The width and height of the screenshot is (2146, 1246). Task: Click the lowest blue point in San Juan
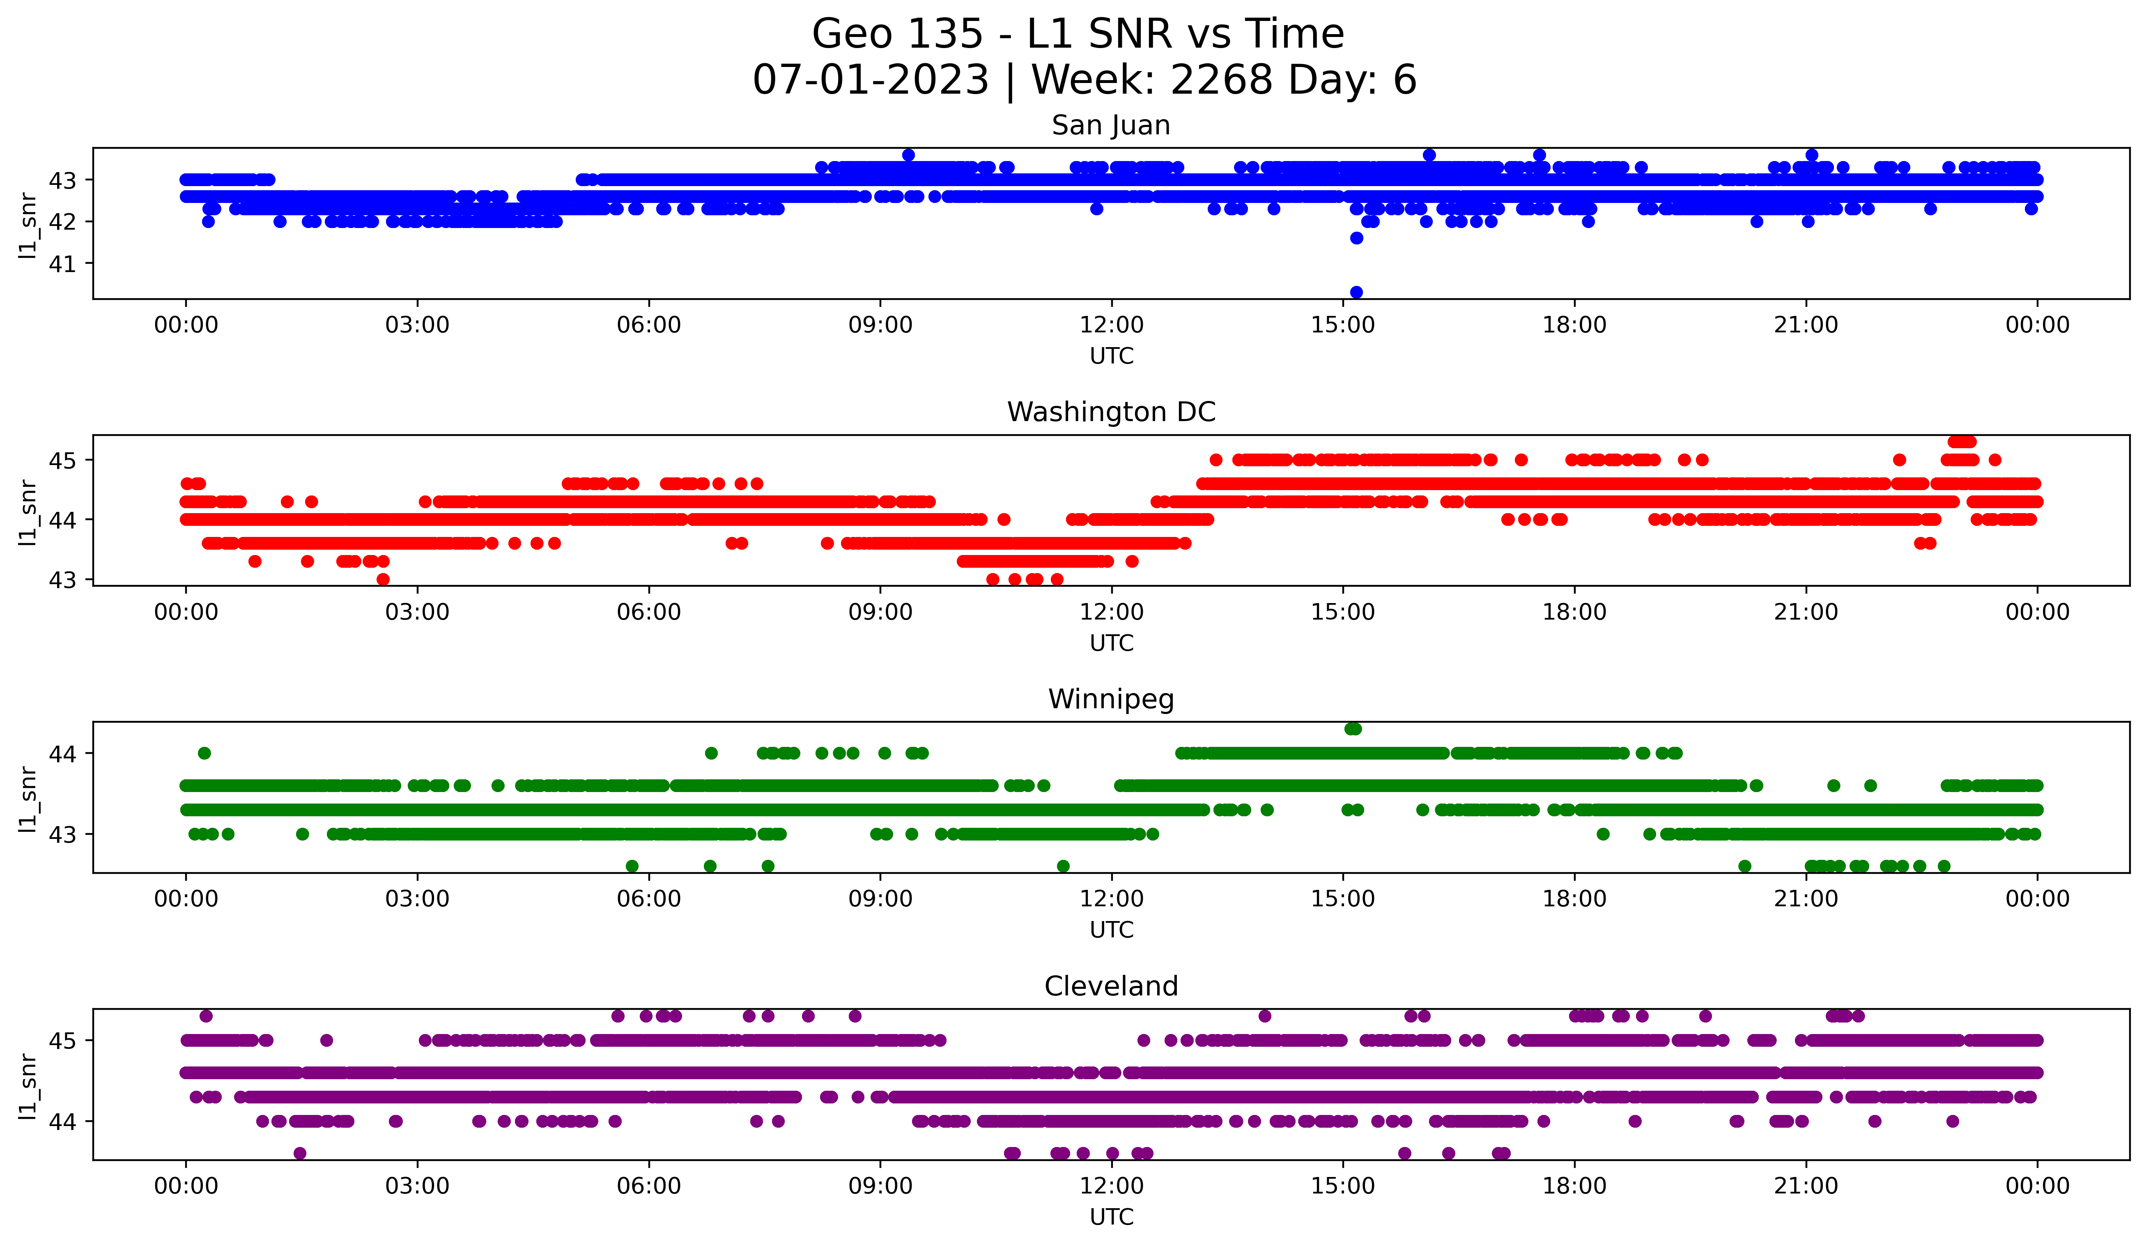tap(1357, 292)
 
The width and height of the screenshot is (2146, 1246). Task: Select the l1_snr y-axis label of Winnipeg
tap(28, 798)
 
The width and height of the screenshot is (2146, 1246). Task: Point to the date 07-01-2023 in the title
tap(870, 80)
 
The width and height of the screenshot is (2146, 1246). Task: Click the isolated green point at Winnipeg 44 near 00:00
tap(204, 753)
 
